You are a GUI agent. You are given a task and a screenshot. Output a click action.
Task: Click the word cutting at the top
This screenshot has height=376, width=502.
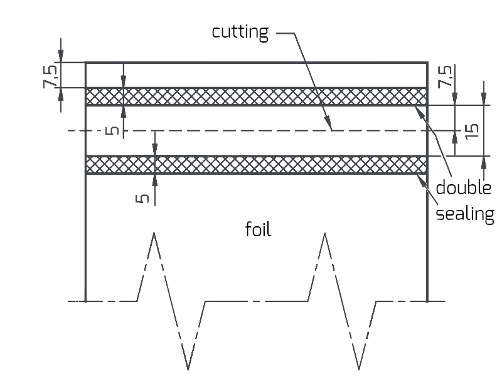click(x=240, y=33)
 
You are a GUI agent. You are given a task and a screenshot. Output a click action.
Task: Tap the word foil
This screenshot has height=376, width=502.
click(x=258, y=230)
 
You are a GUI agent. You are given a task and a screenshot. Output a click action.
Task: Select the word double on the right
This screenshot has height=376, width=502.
click(x=463, y=187)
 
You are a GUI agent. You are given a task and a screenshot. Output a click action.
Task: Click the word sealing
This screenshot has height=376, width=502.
click(x=465, y=214)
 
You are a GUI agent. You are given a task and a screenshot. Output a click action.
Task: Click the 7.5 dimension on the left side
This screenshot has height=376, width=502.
click(x=52, y=75)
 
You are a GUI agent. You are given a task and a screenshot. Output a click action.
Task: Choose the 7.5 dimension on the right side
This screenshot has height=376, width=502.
click(x=444, y=76)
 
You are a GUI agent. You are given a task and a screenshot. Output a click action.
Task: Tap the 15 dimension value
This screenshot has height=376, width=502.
click(x=472, y=130)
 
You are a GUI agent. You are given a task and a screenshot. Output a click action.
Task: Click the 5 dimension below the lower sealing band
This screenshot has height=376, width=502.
click(x=142, y=198)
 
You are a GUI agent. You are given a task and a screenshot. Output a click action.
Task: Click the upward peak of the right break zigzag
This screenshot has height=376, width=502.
click(x=324, y=234)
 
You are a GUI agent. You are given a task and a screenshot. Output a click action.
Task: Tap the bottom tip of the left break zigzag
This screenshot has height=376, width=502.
click(x=188, y=368)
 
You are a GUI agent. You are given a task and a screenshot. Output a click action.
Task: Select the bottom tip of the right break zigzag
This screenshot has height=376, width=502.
click(x=358, y=368)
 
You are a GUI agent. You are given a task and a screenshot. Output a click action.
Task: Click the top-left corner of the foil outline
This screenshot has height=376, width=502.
click(x=85, y=63)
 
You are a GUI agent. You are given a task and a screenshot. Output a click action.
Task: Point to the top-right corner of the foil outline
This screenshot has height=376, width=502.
click(x=427, y=63)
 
